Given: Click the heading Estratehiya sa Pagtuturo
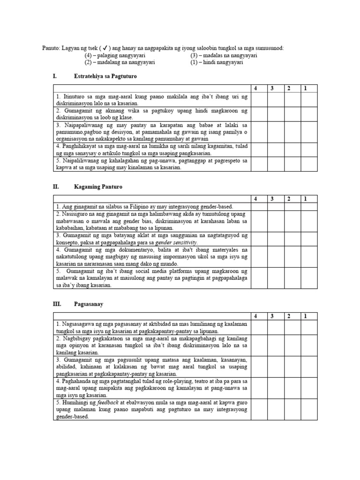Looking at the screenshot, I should tap(105, 75).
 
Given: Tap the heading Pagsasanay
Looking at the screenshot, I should tap(89, 304).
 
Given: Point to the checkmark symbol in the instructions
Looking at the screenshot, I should tap(106, 48).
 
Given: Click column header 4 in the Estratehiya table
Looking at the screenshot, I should tap(255, 88).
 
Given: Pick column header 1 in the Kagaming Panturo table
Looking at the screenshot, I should tap(305, 199).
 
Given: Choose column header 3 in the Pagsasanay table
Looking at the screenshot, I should tap(272, 316).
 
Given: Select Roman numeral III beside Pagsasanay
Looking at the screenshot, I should tap(57, 304).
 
